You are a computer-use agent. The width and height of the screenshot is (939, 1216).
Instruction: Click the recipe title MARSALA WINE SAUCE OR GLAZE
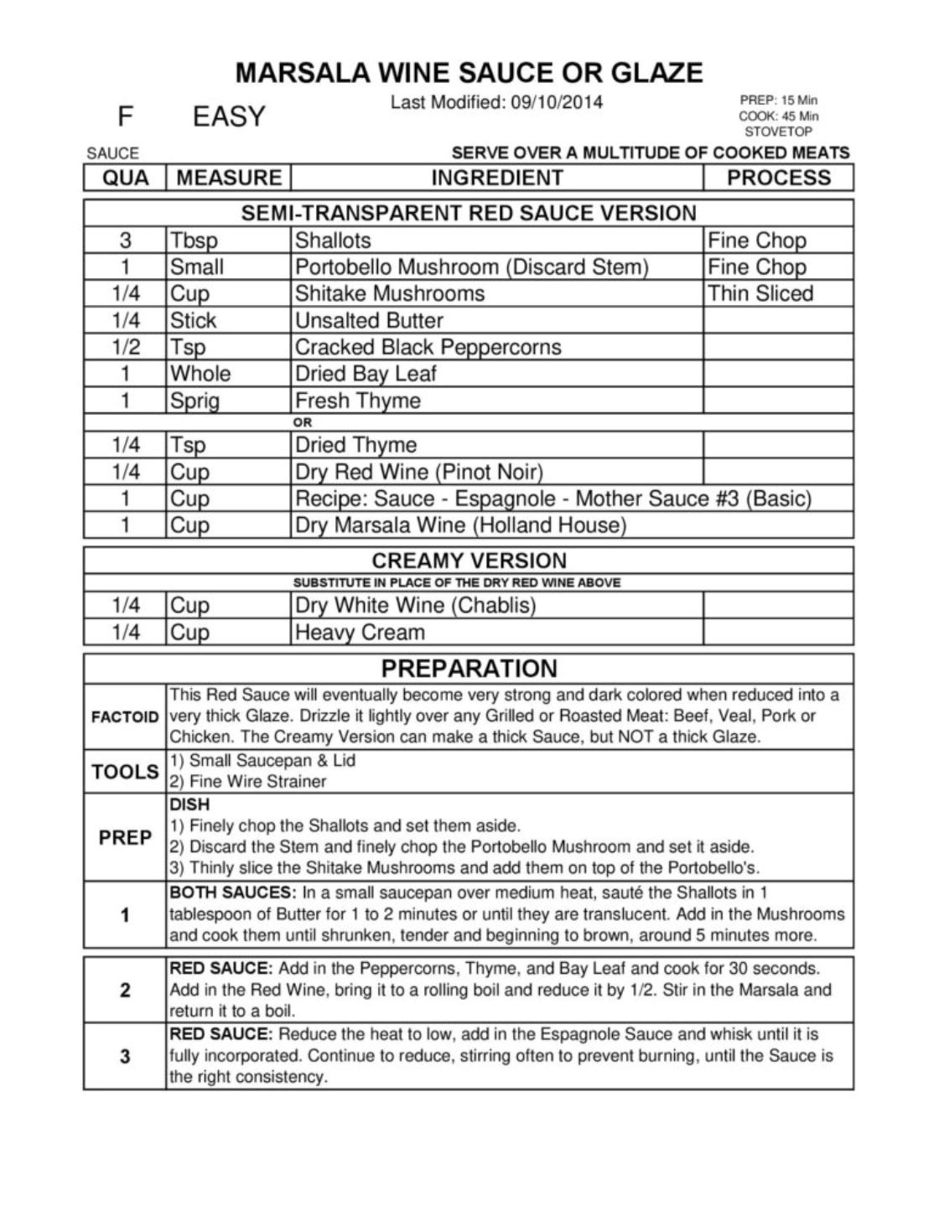tap(469, 73)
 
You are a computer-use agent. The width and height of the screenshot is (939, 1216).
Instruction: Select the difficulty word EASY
tap(228, 116)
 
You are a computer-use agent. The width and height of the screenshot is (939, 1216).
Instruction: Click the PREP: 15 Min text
tap(778, 100)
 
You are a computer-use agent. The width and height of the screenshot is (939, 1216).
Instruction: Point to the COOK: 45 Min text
tap(778, 116)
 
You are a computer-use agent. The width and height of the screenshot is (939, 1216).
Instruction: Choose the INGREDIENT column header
tap(496, 178)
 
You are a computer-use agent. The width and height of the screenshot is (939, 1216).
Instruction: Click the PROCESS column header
tap(778, 178)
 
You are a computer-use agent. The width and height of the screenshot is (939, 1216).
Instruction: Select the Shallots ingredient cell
tap(333, 241)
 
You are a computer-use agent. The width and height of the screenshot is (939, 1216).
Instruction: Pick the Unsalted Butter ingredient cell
tap(369, 320)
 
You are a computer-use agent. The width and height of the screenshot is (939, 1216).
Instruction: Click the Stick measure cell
tap(193, 320)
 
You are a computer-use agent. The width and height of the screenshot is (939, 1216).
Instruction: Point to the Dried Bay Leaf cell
tap(366, 374)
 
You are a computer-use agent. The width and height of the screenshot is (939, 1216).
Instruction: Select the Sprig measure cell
tap(195, 401)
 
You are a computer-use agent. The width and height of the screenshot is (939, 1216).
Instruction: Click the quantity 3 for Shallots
tap(125, 241)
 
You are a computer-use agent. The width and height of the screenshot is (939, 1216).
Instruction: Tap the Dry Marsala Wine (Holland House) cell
tap(460, 525)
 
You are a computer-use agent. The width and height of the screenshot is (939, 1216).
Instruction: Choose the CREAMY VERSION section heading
tap(469, 561)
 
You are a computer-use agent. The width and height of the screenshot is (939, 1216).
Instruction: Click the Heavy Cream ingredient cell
tap(360, 632)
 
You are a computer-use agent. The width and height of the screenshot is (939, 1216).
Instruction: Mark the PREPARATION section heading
tap(469, 668)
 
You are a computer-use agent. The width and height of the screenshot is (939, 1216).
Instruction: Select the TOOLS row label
tap(125, 771)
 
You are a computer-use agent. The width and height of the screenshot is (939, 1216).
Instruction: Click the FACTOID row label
tap(125, 717)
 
